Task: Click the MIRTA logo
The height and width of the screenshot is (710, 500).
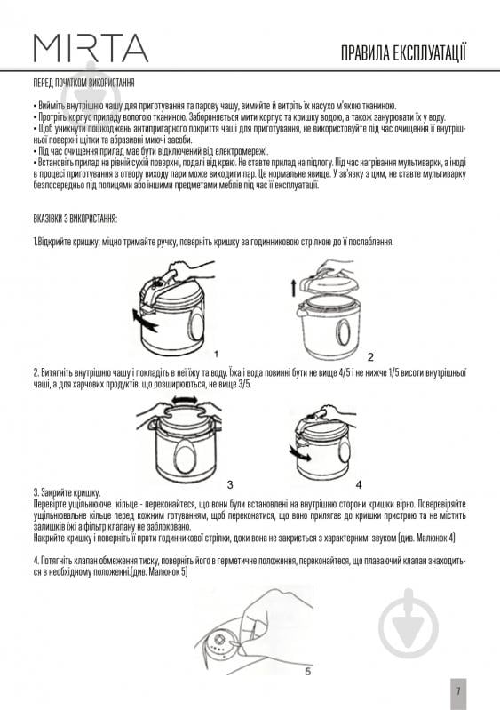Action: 91,48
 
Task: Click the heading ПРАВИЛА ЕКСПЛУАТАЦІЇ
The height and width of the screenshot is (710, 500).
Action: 403,53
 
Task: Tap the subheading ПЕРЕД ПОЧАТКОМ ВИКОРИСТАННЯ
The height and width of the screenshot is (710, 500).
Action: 83,84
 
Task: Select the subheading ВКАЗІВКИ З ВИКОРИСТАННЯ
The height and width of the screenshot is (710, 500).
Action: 75,219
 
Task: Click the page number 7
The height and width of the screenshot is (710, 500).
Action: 458,691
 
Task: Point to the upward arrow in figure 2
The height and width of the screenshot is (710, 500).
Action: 293,288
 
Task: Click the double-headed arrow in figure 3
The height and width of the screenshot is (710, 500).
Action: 184,400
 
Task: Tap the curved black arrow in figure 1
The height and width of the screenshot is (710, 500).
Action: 145,320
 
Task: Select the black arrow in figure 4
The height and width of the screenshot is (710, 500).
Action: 300,453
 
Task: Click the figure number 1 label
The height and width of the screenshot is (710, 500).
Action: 217,354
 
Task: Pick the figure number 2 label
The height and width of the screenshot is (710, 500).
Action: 370,357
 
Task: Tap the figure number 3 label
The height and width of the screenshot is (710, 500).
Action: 230,485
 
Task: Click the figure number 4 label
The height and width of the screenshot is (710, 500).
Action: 359,485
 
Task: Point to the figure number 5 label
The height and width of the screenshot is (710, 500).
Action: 307,672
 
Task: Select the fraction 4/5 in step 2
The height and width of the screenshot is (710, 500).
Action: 346,373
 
